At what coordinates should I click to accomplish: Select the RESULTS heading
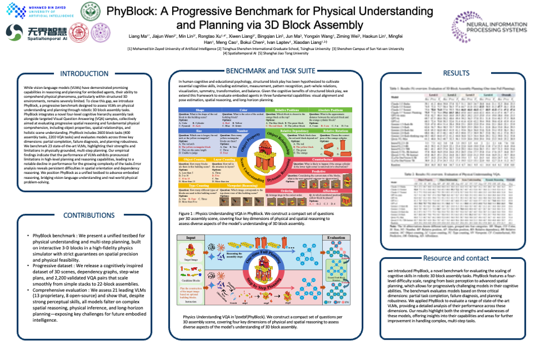point(456,73)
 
